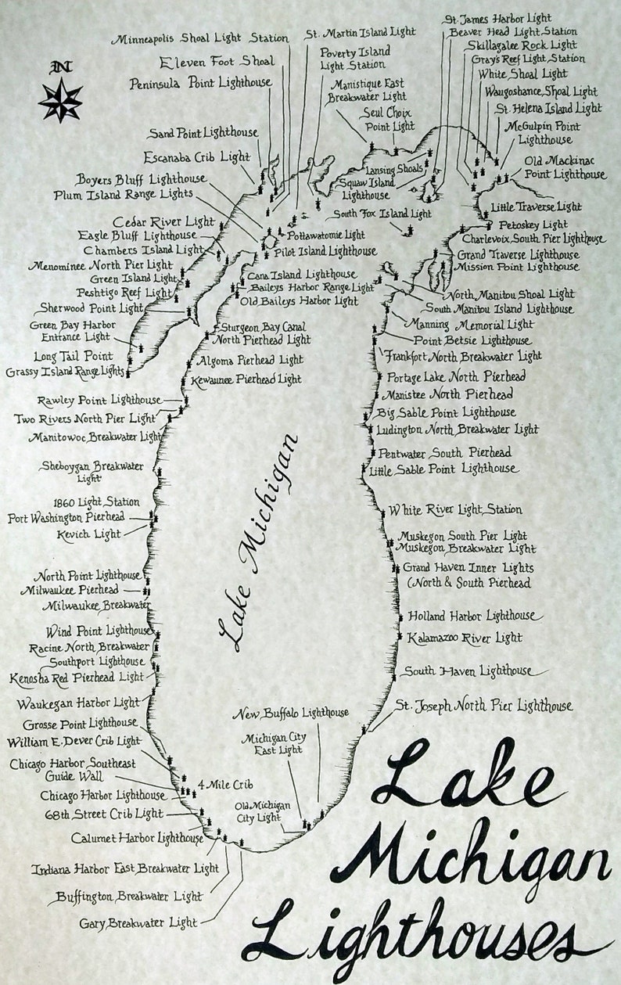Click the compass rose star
point(60,101)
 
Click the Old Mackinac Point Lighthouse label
point(564,168)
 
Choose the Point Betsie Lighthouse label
point(472,341)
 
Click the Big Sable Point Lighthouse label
point(446,412)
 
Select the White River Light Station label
point(455,510)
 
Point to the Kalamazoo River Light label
point(465,638)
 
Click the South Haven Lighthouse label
point(468,671)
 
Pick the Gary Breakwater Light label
point(138,923)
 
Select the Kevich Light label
point(89,535)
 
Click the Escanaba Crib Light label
point(196,157)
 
